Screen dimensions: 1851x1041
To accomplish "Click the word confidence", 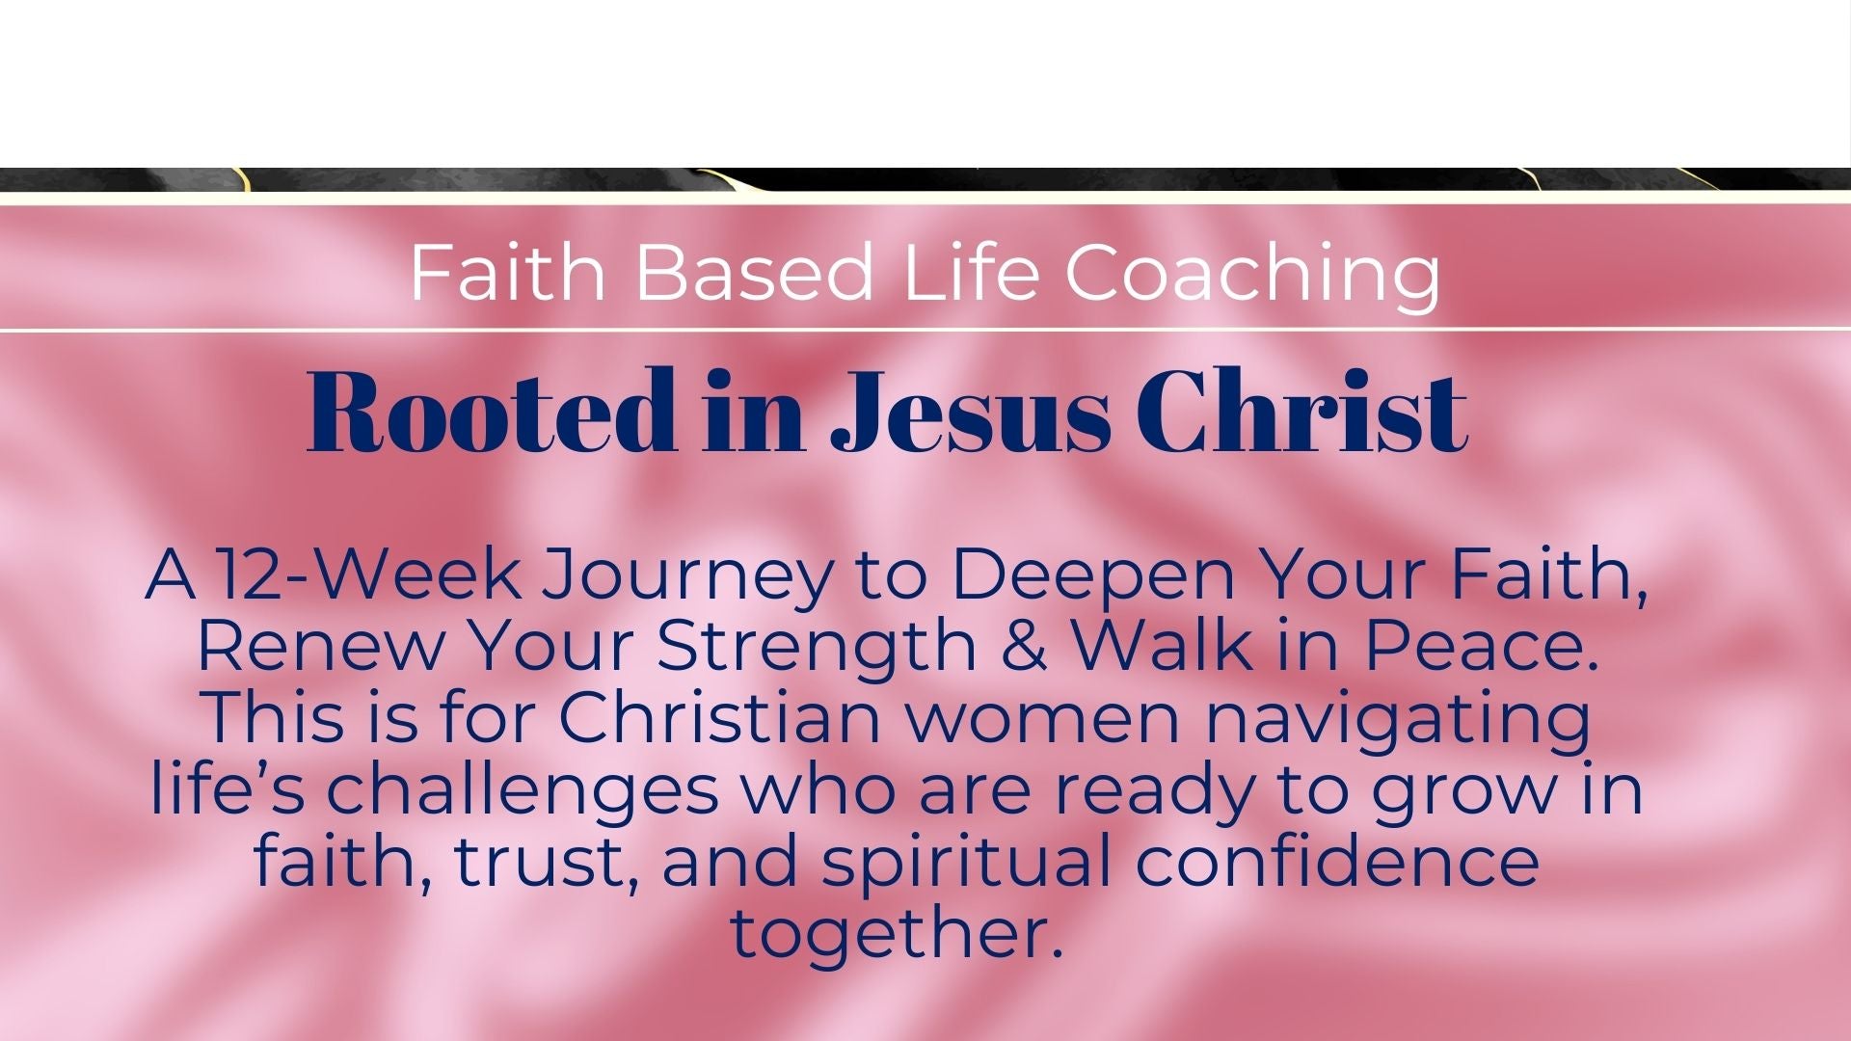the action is pos(1337,862).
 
